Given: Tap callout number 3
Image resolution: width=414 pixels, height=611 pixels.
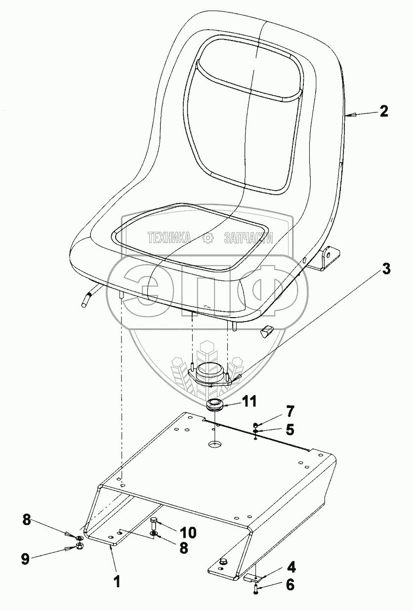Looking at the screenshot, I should (x=386, y=269).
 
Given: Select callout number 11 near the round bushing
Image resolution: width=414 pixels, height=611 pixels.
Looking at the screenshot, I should (x=248, y=402).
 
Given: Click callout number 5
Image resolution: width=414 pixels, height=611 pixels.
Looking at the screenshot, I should (x=290, y=430).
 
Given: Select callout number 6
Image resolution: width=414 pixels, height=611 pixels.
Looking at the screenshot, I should (x=290, y=585).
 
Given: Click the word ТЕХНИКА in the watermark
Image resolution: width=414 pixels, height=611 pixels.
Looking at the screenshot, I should (x=169, y=238).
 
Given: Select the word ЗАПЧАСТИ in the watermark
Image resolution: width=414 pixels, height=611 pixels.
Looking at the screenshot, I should (x=248, y=238).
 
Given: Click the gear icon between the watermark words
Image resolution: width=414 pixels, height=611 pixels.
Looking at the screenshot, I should (x=208, y=238).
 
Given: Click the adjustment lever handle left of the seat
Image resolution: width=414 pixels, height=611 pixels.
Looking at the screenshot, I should (x=87, y=299).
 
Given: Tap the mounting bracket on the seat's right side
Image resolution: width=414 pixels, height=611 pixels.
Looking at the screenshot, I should (x=328, y=258).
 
